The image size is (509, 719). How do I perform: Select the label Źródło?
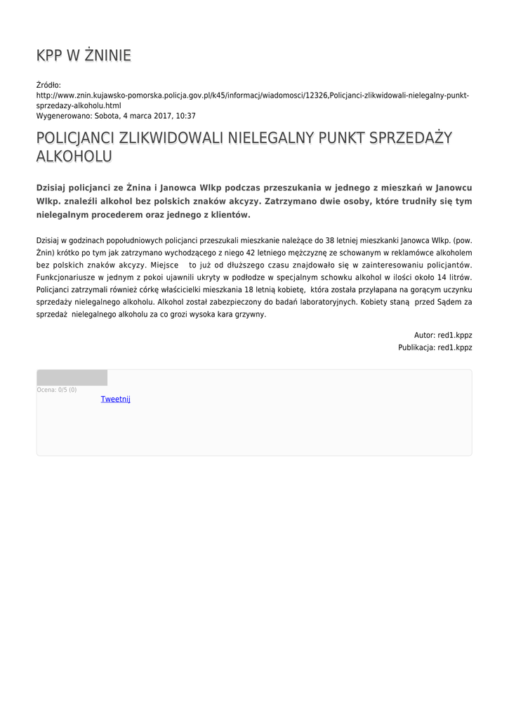click(49, 85)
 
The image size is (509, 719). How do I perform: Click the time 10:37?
click(185, 116)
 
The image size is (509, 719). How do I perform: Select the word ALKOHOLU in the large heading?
click(74, 156)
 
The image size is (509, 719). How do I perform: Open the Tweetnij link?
click(116, 400)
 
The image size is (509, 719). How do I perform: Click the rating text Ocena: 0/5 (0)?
click(57, 390)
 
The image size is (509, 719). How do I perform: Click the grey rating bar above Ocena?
click(72, 378)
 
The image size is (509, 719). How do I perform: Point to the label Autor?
click(425, 336)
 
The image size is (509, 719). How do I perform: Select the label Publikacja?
click(416, 348)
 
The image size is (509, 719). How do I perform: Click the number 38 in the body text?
click(330, 240)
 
